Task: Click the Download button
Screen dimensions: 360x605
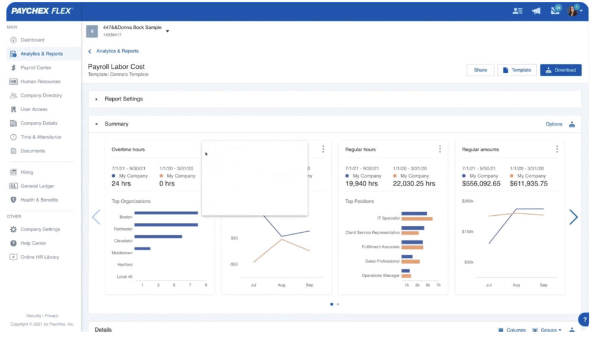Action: click(x=560, y=70)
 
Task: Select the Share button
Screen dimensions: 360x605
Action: click(x=480, y=70)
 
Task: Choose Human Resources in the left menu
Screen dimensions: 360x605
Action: click(x=40, y=82)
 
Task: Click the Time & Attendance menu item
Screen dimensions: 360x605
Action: click(x=40, y=137)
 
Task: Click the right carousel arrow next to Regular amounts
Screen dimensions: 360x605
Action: click(x=573, y=218)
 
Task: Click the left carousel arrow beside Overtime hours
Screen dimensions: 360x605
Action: click(x=96, y=218)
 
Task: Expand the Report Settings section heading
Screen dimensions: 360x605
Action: click(x=123, y=99)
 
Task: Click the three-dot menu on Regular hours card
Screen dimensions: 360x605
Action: click(x=440, y=150)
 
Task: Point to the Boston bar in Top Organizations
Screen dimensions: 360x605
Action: click(x=165, y=213)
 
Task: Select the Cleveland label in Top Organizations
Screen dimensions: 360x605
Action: click(x=123, y=241)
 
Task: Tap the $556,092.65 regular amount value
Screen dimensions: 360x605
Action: click(x=481, y=184)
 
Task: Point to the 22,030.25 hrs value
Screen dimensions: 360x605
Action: click(x=414, y=184)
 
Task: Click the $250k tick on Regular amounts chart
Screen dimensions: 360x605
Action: click(x=467, y=202)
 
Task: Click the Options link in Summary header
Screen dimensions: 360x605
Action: click(x=554, y=124)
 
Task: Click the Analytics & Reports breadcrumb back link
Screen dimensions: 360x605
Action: click(x=117, y=51)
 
